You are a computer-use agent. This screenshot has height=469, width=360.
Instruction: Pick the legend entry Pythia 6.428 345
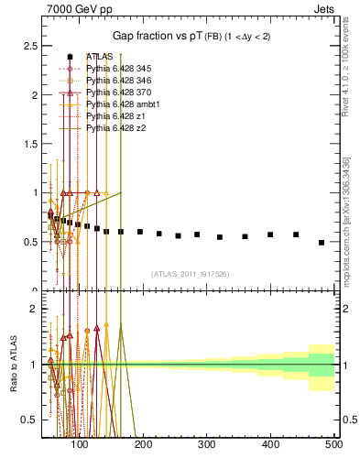[115, 69]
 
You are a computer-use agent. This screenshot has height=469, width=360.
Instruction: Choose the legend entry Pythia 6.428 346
[115, 81]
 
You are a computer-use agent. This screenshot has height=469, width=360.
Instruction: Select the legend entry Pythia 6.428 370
[115, 93]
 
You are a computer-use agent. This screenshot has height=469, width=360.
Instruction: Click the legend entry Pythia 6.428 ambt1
[118, 104]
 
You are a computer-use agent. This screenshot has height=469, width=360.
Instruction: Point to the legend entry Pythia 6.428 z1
[112, 116]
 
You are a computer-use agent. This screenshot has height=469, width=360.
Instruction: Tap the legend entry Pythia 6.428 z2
[112, 128]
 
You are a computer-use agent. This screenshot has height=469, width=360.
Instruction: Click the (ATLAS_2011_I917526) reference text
[190, 274]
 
